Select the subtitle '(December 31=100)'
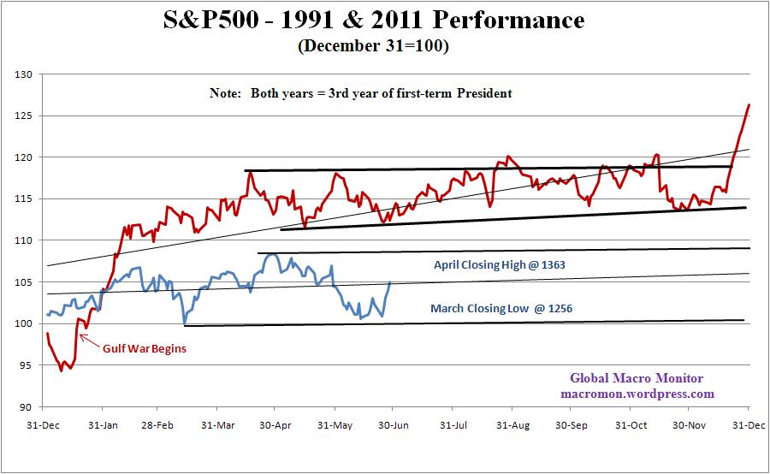[373, 46]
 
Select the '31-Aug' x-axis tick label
[511, 424]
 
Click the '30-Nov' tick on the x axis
[690, 424]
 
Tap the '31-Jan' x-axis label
[102, 424]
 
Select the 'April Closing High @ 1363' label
[500, 265]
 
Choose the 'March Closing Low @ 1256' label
[497, 309]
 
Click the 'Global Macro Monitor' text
[637, 378]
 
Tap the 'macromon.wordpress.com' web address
[637, 394]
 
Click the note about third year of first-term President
[360, 93]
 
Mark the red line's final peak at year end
[749, 105]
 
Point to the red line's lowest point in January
[61, 370]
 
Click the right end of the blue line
[390, 281]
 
